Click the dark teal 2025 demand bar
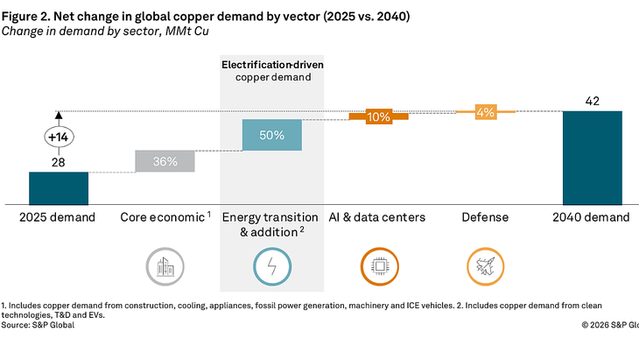(59, 187)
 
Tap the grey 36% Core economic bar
(165, 161)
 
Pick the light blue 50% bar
(271, 135)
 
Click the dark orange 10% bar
(378, 116)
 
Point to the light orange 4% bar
(486, 111)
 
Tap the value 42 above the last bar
(593, 101)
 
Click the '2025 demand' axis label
(59, 216)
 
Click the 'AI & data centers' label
(378, 216)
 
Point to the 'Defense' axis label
(486, 216)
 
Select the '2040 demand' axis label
(593, 216)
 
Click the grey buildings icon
(165, 266)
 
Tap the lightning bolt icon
(271, 266)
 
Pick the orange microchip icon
(378, 266)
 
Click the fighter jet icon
(486, 266)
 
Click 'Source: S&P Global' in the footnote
(38, 325)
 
